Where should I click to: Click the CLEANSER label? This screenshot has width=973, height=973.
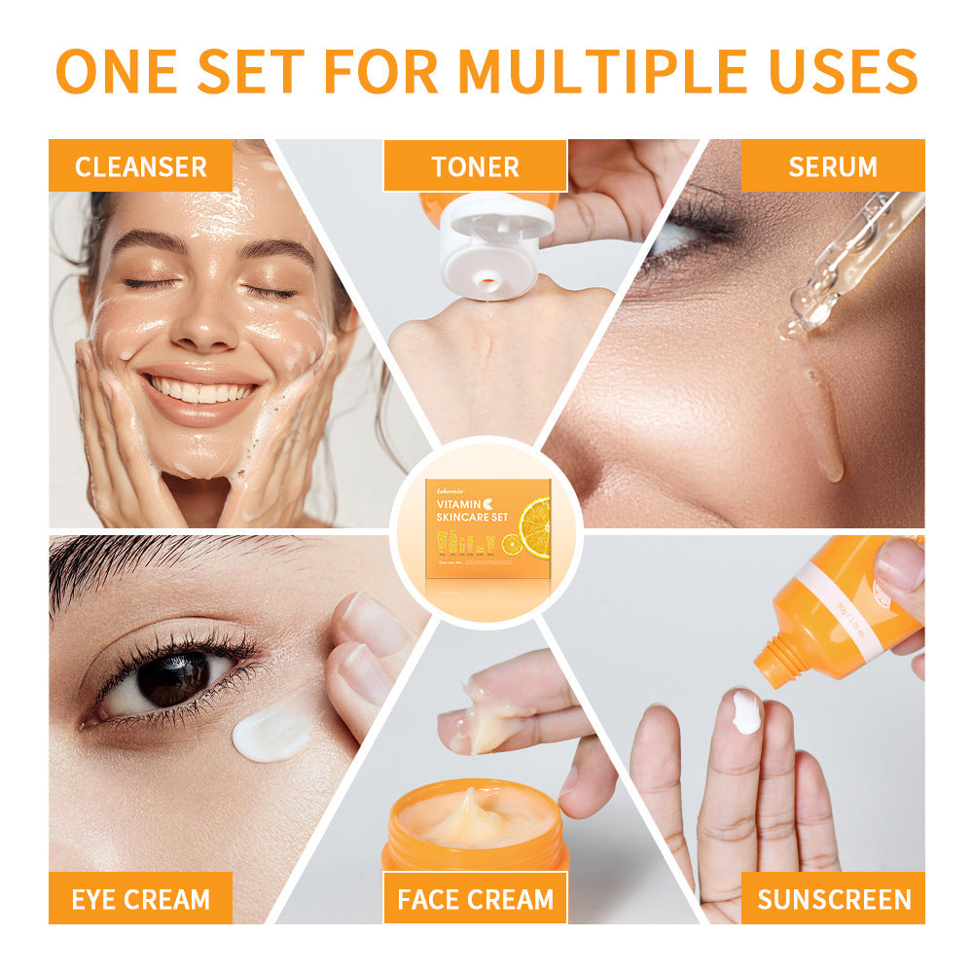click(x=141, y=166)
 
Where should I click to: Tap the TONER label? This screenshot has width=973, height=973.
click(x=475, y=166)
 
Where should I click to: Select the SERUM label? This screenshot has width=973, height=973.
click(x=832, y=166)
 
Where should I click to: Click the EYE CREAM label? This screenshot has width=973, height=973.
click(x=141, y=898)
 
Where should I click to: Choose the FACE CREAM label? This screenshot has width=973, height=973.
click(x=475, y=898)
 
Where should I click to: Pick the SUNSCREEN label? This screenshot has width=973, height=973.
click(x=833, y=898)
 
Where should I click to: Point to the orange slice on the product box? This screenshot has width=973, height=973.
click(x=534, y=528)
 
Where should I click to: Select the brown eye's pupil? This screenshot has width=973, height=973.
click(x=173, y=678)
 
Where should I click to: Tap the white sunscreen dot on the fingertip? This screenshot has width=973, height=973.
click(x=746, y=712)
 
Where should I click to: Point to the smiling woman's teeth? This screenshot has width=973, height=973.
click(x=203, y=391)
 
